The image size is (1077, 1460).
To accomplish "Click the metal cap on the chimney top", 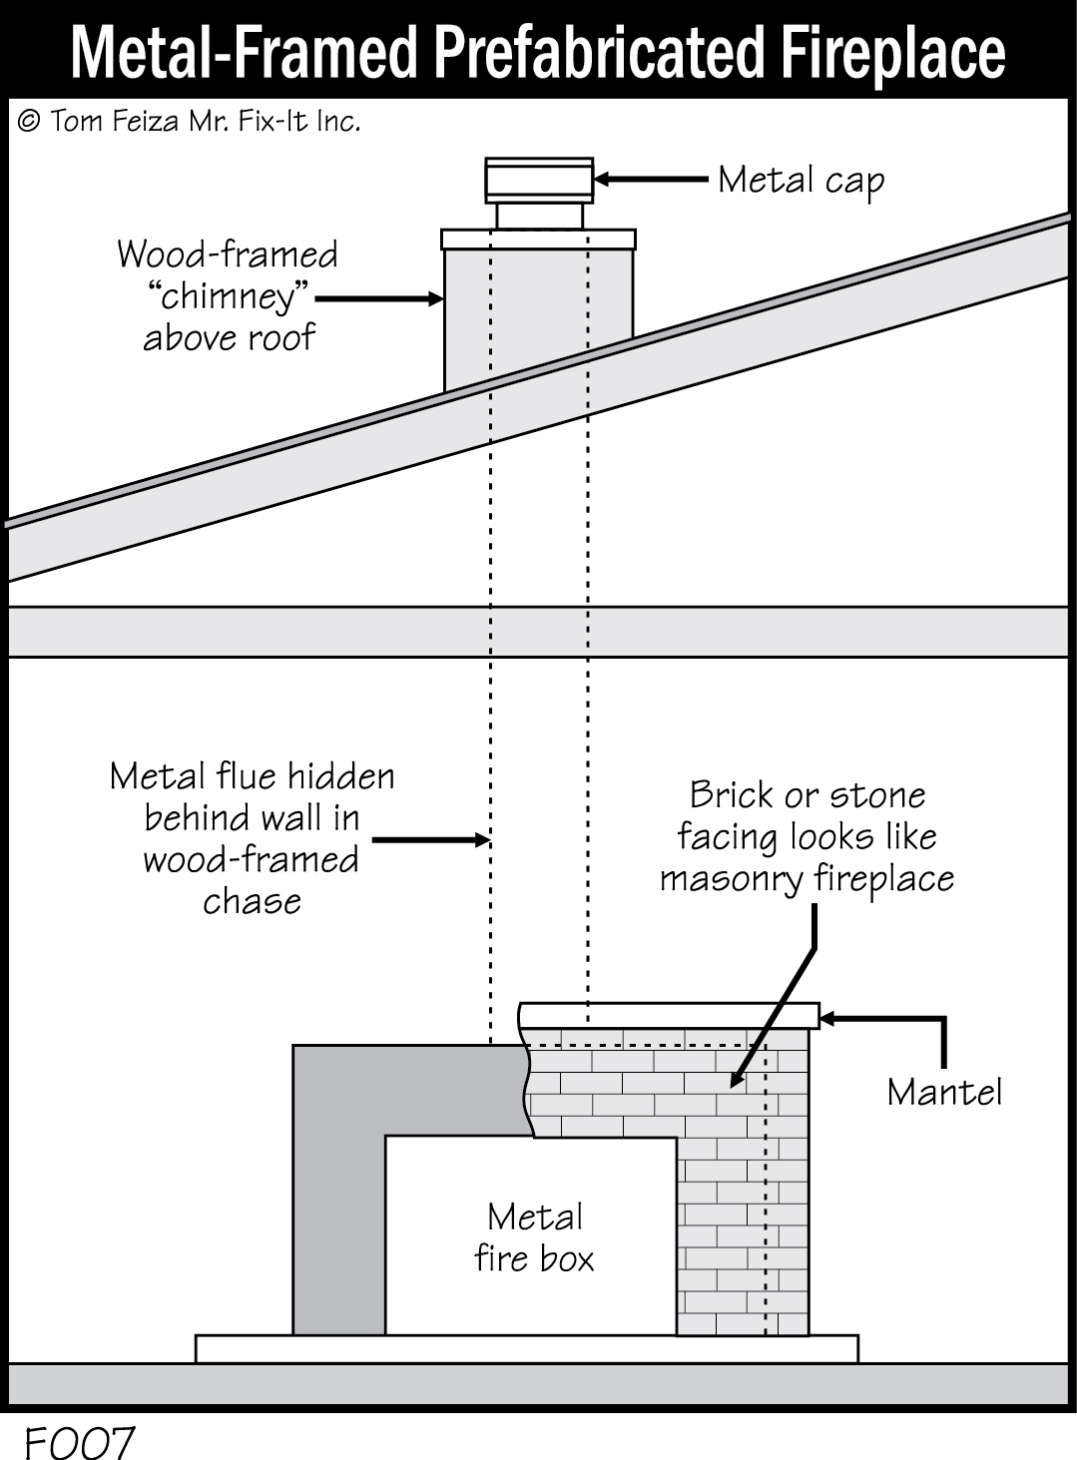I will (x=539, y=181).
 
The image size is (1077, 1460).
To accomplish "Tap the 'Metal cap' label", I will (x=801, y=181).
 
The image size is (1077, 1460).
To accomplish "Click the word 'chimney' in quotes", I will (x=230, y=297).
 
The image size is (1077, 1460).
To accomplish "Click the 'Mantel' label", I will (x=943, y=1092).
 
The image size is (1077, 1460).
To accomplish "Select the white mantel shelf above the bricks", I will (x=669, y=1015).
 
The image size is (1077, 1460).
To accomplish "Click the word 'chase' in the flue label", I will (x=252, y=901).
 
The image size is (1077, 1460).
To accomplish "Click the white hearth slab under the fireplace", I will (x=526, y=1348).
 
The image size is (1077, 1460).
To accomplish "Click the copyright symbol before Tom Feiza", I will (x=29, y=122).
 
